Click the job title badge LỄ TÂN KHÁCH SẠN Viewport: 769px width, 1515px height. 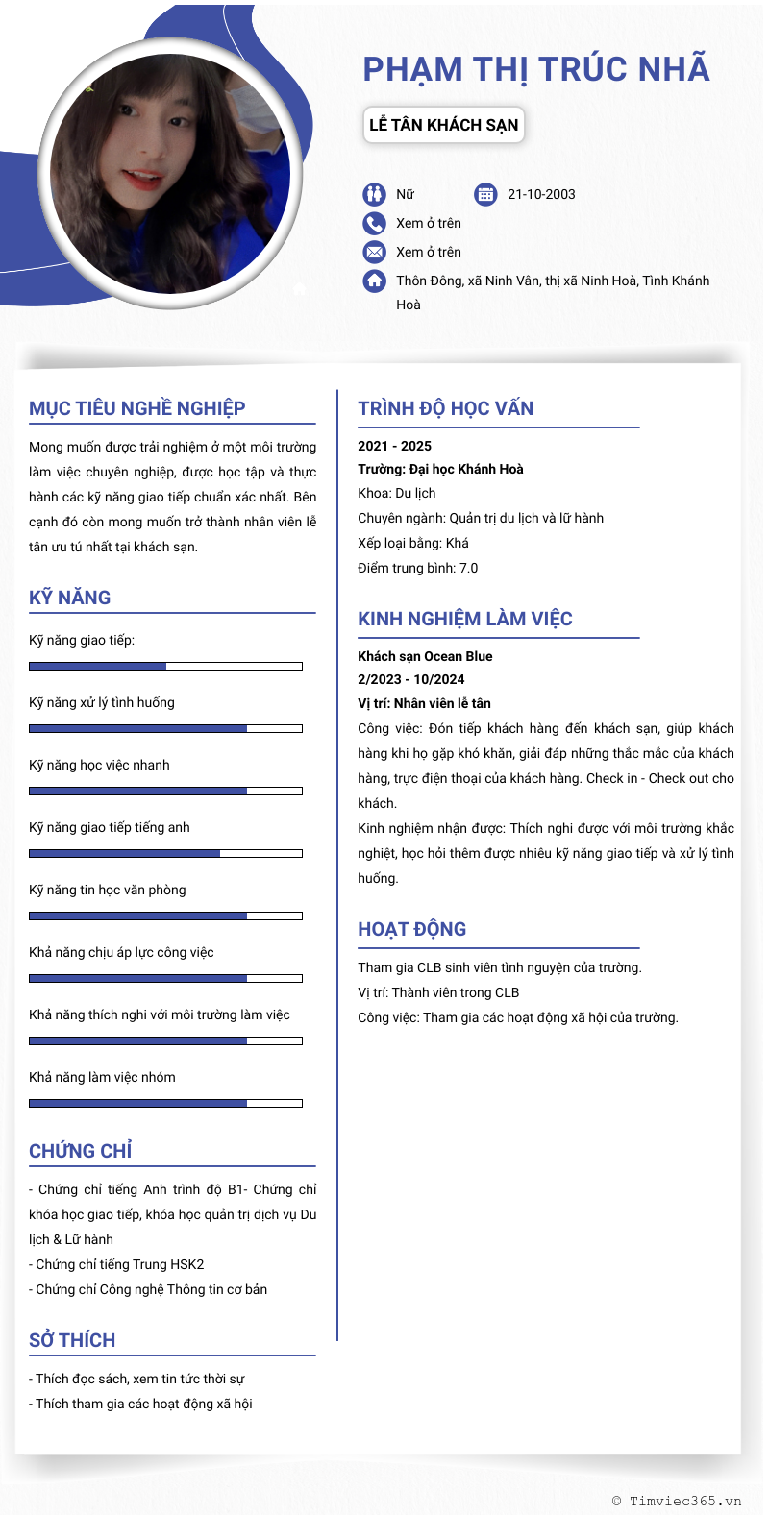(443, 125)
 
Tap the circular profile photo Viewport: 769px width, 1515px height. (170, 174)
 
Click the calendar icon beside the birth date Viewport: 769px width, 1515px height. (485, 195)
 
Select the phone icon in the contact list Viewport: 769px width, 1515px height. (374, 224)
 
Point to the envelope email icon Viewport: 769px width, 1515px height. (374, 253)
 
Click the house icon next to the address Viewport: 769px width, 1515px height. (374, 281)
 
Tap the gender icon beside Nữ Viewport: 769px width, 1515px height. (374, 195)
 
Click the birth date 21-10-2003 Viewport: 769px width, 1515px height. (541, 195)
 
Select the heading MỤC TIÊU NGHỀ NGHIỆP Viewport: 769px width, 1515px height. (137, 408)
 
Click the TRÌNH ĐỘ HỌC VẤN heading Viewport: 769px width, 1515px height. (446, 408)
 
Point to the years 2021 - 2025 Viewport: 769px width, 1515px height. (395, 446)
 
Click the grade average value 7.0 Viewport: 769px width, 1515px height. (468, 569)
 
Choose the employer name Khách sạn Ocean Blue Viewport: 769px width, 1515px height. (425, 656)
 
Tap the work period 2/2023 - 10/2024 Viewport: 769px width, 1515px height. (411, 679)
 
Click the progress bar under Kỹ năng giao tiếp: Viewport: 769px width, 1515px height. (165, 666)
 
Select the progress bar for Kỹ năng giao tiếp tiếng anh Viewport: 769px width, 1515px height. (165, 853)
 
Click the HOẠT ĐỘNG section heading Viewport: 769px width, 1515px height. (412, 929)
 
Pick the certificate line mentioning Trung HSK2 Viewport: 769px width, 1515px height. (120, 1264)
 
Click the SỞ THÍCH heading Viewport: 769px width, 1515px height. (72, 1340)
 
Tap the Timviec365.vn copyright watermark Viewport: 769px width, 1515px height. (677, 1501)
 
